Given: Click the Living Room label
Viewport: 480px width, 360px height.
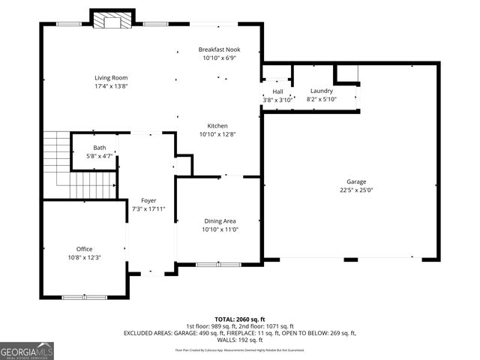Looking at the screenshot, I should [112, 78].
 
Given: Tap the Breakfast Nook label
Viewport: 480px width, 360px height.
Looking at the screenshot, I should [220, 49].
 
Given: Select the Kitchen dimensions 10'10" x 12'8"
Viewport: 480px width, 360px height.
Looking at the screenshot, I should [218, 134].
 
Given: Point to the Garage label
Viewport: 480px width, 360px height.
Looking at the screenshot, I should [356, 181].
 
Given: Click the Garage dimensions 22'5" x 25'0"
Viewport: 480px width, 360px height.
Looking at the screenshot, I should [356, 190].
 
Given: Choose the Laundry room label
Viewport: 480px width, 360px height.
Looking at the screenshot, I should [321, 91].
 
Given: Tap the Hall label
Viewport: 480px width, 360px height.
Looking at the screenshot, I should [277, 91].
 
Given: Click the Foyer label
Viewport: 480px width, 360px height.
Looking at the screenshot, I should [148, 200].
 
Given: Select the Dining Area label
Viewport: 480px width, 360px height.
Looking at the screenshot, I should [220, 221].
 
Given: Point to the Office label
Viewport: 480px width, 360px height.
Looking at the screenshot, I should [85, 249].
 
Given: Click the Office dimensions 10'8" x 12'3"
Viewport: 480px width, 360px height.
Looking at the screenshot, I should [85, 257].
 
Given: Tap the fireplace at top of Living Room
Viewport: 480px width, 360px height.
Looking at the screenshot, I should [112, 20].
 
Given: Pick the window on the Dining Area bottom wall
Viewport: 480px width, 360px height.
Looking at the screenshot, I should [218, 264].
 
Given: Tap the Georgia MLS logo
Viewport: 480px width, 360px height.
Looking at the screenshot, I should [27, 351].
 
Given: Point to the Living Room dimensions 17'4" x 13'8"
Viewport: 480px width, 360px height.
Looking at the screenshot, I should [112, 86].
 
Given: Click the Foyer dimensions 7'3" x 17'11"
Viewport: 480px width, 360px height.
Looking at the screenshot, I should [148, 208].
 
